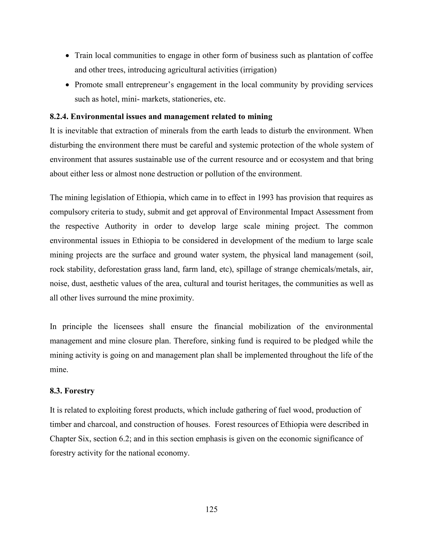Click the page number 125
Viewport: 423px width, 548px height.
[211, 509]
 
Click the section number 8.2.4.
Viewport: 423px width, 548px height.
[59, 117]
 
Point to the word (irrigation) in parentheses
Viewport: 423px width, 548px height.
[258, 70]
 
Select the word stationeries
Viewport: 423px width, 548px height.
[192, 99]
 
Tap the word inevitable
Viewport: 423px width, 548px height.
[81, 131]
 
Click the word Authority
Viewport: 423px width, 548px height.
[121, 226]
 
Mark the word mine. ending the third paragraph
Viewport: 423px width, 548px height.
[59, 370]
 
